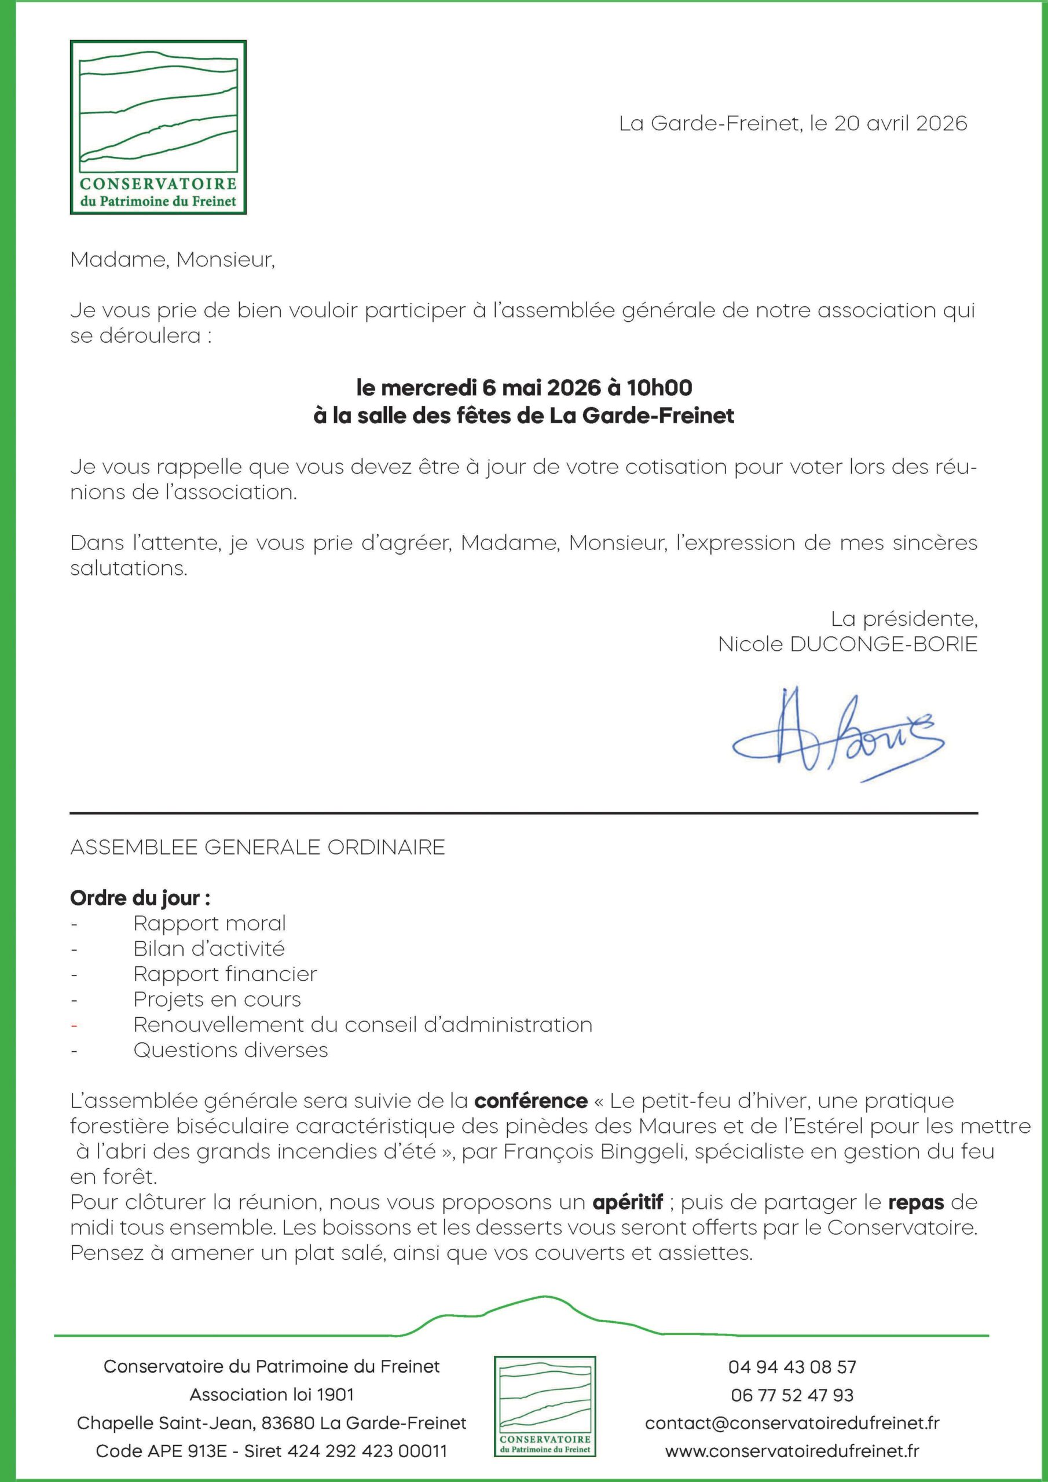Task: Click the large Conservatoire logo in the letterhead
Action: [158, 127]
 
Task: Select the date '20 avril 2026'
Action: [901, 123]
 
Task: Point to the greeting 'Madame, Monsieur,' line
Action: [173, 259]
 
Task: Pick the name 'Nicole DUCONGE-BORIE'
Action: [847, 644]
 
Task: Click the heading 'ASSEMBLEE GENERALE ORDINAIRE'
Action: [257, 847]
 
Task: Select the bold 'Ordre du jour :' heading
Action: [140, 898]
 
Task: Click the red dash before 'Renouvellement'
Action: [74, 1025]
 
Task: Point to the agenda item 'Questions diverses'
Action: [230, 1050]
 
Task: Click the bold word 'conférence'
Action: [531, 1101]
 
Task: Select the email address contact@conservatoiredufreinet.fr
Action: [792, 1422]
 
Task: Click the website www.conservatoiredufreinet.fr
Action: [792, 1451]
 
